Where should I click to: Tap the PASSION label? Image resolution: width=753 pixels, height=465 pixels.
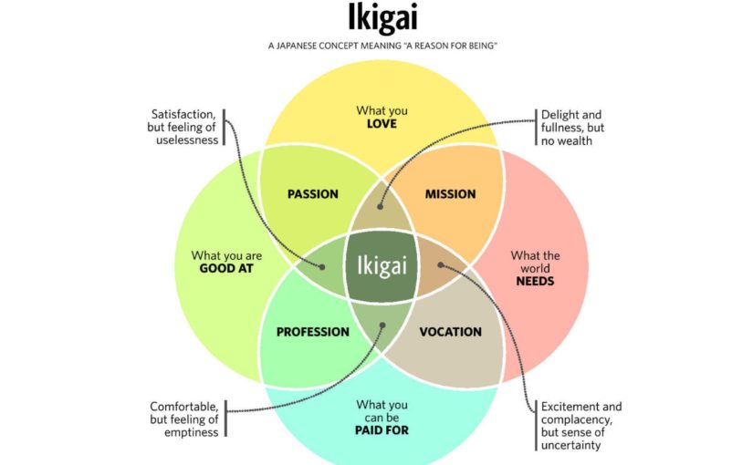tap(313, 194)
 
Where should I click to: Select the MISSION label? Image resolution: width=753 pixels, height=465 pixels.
tap(450, 194)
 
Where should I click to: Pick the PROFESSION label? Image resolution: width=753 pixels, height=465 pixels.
tap(313, 332)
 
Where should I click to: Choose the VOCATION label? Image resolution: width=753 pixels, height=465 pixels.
tap(450, 332)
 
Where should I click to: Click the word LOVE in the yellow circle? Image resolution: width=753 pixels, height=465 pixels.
tap(381, 123)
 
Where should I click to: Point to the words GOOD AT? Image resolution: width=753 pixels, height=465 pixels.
tap(226, 270)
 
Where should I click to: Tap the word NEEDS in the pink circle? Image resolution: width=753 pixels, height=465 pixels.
tap(535, 281)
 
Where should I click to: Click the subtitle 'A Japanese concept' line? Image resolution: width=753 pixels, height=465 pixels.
tap(382, 45)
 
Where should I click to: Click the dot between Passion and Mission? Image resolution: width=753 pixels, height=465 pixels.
tap(381, 206)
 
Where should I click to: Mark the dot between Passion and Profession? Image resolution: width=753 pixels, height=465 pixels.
tap(322, 265)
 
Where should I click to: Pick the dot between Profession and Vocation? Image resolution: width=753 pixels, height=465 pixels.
tap(382, 325)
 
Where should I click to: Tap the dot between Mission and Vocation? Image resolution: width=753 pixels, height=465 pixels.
tap(440, 265)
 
